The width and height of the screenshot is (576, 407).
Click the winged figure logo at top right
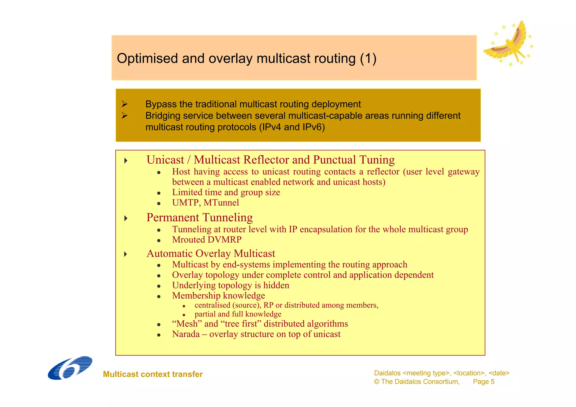click(x=508, y=44)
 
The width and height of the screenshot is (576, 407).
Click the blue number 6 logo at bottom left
click(x=70, y=368)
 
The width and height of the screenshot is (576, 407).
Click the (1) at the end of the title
click(x=368, y=59)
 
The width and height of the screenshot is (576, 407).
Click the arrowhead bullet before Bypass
click(x=125, y=104)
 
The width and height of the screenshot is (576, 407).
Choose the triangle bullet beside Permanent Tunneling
click(x=126, y=218)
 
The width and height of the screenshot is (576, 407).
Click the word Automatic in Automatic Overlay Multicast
click(x=170, y=254)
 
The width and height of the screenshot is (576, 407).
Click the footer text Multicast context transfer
click(x=153, y=374)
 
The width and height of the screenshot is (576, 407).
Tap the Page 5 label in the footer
click(x=483, y=382)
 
